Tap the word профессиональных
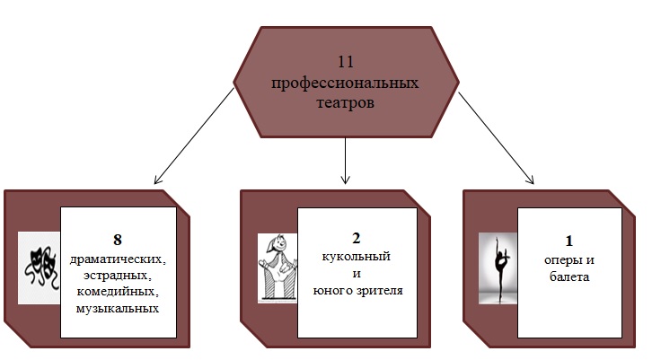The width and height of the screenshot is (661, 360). tap(346, 83)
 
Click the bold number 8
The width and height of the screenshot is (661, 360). tap(117, 240)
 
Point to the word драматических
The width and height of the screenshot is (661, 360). tap(117, 259)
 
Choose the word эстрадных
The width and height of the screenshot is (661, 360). tap(117, 275)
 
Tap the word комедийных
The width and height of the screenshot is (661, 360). tap(117, 292)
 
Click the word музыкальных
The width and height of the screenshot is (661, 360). tap(117, 309)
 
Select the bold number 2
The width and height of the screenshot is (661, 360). tap(357, 239)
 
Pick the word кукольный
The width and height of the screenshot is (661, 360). tap(357, 258)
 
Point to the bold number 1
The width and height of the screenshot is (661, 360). tap(570, 241)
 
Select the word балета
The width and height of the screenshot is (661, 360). tap(570, 277)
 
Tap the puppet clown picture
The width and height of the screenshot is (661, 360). tap(278, 267)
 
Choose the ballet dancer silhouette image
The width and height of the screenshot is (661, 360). tap(498, 267)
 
